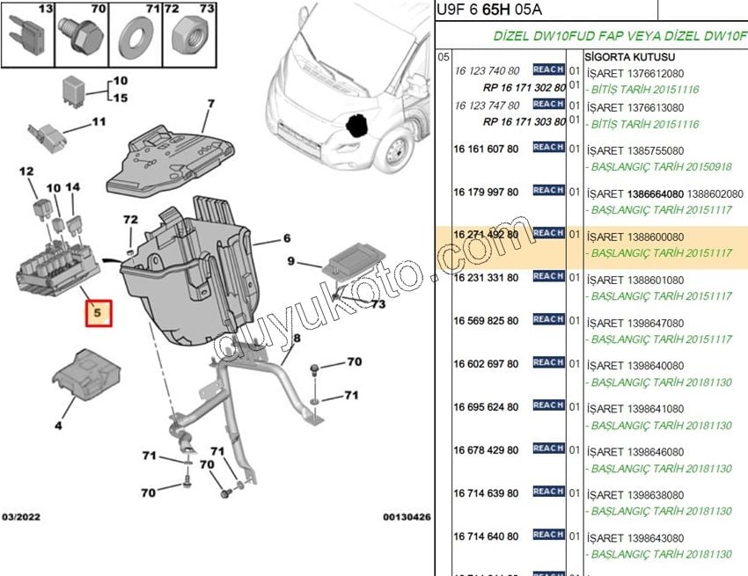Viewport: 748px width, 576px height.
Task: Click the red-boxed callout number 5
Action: (x=99, y=314)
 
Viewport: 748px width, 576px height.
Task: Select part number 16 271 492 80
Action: (x=486, y=235)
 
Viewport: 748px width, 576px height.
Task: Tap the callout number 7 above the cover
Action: (x=211, y=105)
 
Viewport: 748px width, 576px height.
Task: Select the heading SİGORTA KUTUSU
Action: (x=625, y=55)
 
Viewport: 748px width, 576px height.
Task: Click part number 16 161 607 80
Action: (x=486, y=149)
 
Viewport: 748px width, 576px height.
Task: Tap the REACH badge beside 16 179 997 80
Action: (x=548, y=191)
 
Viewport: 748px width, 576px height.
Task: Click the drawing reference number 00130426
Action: (x=407, y=517)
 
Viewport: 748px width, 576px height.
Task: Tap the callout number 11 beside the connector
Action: (x=98, y=122)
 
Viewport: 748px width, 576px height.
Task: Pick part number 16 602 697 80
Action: (x=486, y=364)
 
